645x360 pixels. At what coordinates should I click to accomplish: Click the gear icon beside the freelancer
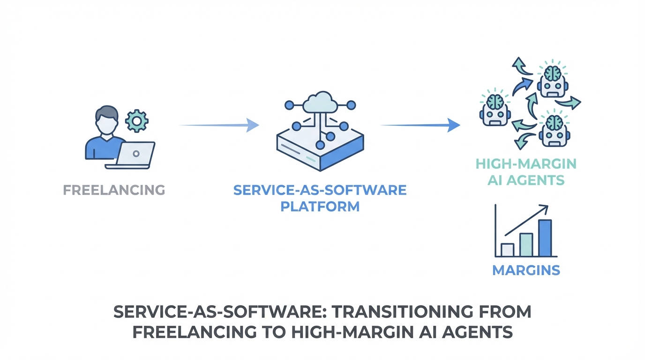[137, 120]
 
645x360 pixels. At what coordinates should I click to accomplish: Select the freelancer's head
[107, 119]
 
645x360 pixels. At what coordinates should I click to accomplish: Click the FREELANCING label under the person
[114, 190]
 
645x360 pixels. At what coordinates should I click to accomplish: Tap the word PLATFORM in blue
[320, 207]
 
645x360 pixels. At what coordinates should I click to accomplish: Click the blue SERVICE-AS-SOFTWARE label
[320, 190]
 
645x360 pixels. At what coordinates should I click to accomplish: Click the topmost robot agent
[553, 80]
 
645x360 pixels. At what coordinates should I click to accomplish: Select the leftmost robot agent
[495, 108]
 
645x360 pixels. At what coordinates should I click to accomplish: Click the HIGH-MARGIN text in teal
[526, 164]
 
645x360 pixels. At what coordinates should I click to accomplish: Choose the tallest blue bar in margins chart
[545, 238]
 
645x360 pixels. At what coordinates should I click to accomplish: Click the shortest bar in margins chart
[508, 250]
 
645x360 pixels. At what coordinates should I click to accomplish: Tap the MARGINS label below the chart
[526, 270]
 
